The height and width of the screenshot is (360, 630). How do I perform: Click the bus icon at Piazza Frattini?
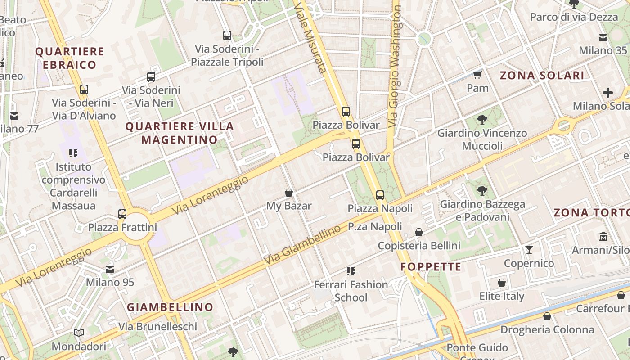122,214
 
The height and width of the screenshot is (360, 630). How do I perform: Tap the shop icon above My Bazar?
289,193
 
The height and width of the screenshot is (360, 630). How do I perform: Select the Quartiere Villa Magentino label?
180,133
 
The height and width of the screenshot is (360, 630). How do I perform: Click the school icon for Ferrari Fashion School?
351,271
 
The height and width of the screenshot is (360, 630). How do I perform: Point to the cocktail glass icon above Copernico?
529,249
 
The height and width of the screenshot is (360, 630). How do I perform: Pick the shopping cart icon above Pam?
477,74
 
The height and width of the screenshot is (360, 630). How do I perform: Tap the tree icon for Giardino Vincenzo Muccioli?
482,119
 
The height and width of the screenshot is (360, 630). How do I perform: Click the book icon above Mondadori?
79,333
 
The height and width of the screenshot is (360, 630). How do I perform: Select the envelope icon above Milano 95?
110,269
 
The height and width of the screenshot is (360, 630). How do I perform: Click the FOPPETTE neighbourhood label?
431,267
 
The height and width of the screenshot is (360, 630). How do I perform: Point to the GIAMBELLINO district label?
170,307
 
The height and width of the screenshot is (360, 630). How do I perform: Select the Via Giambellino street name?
302,245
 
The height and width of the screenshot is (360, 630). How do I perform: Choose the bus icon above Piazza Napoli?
380,195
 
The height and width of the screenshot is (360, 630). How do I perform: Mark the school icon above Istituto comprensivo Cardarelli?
73,153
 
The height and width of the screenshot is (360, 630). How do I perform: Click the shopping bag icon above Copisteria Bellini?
419,232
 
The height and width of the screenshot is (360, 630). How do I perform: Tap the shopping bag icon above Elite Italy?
502,283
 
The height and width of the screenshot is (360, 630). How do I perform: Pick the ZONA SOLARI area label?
542,76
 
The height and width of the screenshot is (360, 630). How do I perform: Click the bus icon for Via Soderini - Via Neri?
151,77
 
